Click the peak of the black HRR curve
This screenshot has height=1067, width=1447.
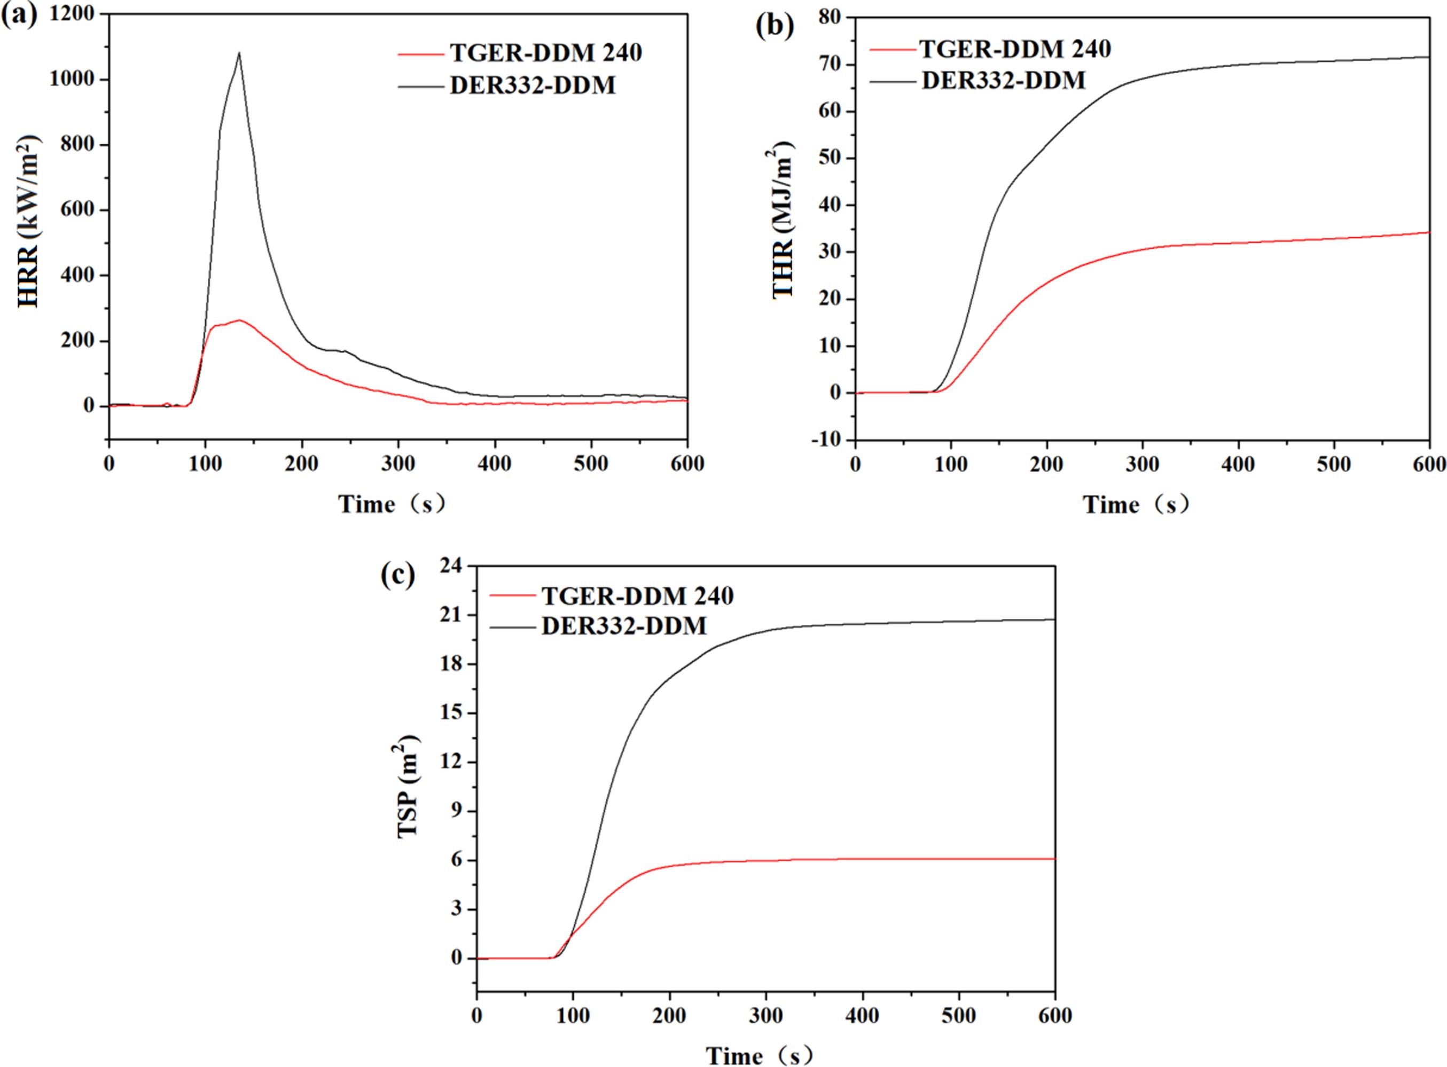pos(239,53)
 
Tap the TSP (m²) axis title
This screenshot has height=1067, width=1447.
pos(409,786)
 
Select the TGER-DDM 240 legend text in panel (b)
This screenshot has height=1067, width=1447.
pos(1015,49)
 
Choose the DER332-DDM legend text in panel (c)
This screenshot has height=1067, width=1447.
pos(624,625)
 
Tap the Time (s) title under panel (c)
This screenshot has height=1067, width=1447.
pos(760,1055)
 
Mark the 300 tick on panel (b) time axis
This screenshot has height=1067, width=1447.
pos(1143,465)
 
